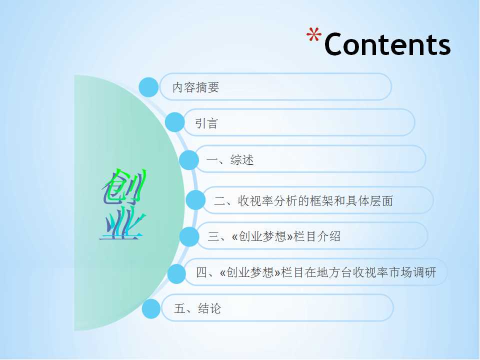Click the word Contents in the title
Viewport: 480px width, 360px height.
click(387, 44)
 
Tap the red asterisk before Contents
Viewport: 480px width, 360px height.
click(314, 34)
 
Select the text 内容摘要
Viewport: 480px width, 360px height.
click(196, 87)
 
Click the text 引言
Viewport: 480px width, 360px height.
click(206, 123)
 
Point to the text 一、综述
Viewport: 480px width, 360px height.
click(230, 159)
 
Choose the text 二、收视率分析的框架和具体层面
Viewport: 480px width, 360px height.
click(303, 201)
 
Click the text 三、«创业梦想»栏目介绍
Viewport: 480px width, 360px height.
click(274, 236)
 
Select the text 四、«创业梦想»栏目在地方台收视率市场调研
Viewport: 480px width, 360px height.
click(316, 272)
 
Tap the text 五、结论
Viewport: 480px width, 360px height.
click(197, 308)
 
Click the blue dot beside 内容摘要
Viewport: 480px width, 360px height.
click(148, 87)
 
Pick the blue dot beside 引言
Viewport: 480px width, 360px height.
click(175, 122)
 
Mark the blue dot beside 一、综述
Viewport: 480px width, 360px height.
click(189, 160)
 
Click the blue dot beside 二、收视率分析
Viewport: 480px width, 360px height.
click(195, 200)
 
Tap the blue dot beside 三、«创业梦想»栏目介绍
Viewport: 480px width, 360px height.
click(189, 236)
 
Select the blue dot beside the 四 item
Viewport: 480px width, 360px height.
click(176, 273)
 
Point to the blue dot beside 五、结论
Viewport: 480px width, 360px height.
click(151, 308)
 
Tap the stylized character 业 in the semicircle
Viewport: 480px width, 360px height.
click(122, 222)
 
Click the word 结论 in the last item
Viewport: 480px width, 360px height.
click(209, 308)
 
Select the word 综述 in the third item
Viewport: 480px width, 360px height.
click(242, 159)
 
